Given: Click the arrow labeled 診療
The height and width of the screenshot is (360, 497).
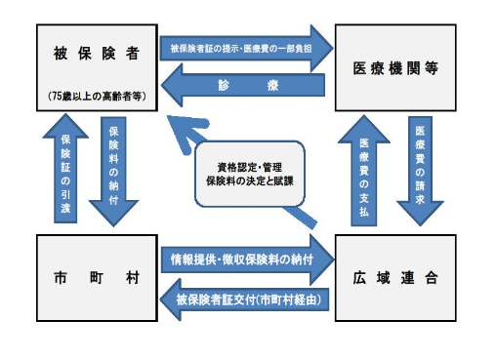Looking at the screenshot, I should coord(244,86).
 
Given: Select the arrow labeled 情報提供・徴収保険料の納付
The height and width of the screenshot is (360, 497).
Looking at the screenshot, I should coord(244,259).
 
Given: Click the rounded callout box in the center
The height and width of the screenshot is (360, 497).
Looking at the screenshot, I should coord(250,174).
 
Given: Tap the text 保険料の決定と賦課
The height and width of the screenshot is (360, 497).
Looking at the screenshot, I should coord(250,182).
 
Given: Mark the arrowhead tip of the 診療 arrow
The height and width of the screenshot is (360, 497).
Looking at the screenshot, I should coord(165,86).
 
